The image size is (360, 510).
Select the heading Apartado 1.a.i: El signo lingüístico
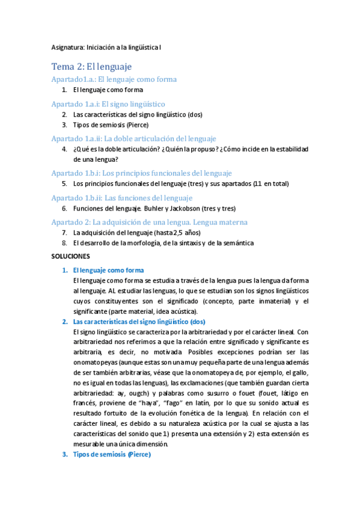[108, 103]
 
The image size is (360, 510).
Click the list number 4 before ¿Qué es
[64, 149]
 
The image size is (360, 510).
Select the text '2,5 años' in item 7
[188, 233]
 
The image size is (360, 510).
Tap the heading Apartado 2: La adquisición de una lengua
[149, 222]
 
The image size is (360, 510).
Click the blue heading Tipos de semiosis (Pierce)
[112, 455]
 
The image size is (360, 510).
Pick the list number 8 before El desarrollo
[64, 243]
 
